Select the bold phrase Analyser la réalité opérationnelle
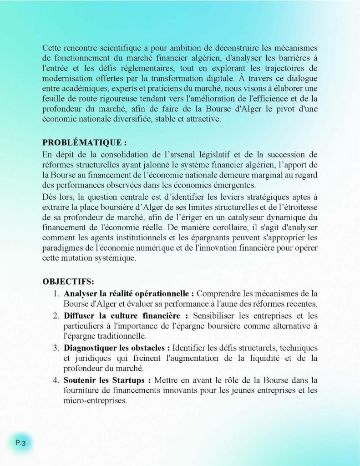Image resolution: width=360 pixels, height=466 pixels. tap(129, 293)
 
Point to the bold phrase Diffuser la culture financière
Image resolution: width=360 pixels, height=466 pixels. tap(126, 315)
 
